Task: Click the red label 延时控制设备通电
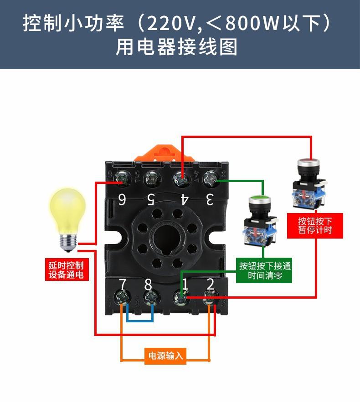pyautogui.click(x=67, y=270)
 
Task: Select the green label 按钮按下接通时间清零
pyautogui.click(x=265, y=271)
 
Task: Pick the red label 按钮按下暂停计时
pyautogui.click(x=315, y=225)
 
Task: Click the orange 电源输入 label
pyautogui.click(x=166, y=356)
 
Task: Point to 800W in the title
pyautogui.click(x=252, y=23)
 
